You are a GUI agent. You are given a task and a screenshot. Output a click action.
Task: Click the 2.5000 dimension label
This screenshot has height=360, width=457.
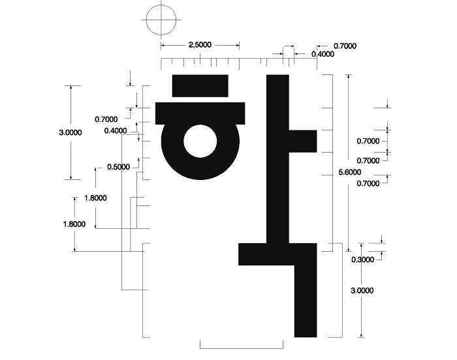[200, 45]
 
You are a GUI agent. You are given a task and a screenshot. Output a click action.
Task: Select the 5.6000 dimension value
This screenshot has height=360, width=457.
[350, 172]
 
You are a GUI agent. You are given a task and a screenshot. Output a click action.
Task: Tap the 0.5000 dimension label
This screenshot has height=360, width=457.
[119, 167]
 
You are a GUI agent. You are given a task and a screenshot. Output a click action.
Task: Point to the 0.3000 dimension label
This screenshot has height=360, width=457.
[362, 260]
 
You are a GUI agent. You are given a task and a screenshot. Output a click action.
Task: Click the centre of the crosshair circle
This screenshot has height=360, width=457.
[161, 20]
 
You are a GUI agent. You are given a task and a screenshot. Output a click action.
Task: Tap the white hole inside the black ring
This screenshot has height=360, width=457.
[200, 142]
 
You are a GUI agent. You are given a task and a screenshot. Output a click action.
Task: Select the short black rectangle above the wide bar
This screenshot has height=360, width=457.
[200, 85]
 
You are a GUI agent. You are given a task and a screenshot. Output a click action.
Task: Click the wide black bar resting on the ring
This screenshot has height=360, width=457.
[200, 113]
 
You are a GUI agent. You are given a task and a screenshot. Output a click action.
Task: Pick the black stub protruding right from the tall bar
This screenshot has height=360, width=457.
[303, 142]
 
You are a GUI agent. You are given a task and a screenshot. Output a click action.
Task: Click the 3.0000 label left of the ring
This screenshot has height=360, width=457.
[71, 132]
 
